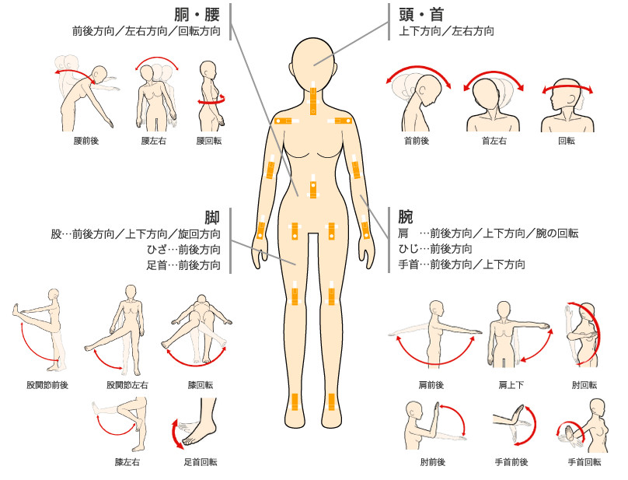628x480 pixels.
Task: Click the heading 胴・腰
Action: click(197, 15)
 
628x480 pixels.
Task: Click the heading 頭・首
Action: click(421, 15)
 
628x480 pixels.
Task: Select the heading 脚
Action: click(212, 217)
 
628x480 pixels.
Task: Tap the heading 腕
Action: click(406, 216)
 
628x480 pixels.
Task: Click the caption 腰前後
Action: click(86, 141)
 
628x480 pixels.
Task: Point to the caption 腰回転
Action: click(208, 141)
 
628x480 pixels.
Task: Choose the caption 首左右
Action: click(494, 141)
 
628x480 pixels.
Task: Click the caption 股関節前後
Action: click(47, 385)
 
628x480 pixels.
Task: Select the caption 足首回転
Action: click(201, 462)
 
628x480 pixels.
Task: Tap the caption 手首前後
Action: click(511, 462)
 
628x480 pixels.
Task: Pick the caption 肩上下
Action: click(511, 385)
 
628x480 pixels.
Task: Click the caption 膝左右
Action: click(127, 462)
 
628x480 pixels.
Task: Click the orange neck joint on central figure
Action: click(313, 98)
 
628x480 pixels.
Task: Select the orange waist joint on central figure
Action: click(313, 187)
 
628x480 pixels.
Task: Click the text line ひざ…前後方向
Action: click(183, 250)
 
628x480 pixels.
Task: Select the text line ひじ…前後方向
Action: click(435, 249)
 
